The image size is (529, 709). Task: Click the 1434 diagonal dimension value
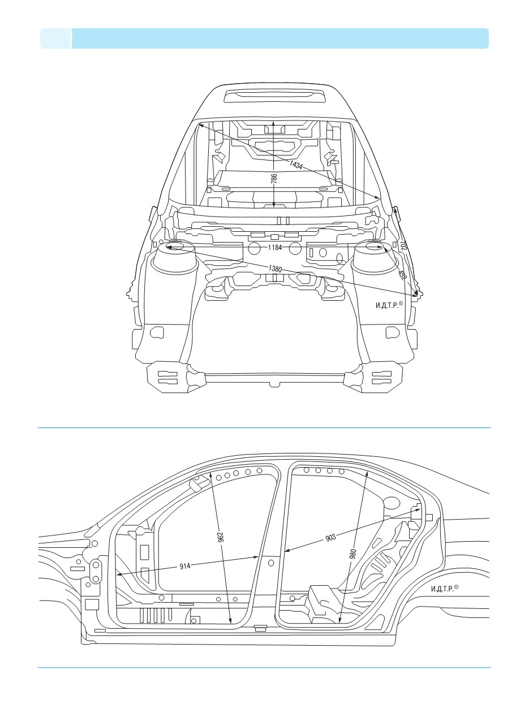click(296, 165)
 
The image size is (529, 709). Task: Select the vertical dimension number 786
click(274, 179)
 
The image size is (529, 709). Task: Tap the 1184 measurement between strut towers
click(275, 248)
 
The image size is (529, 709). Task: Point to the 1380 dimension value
click(275, 269)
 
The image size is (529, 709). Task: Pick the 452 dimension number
click(402, 275)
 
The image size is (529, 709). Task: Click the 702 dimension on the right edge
click(403, 245)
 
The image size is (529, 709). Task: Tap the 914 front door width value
click(185, 566)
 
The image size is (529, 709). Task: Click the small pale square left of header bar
click(55, 38)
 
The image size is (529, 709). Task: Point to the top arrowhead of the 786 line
click(274, 123)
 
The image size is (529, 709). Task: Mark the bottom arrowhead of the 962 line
click(230, 620)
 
